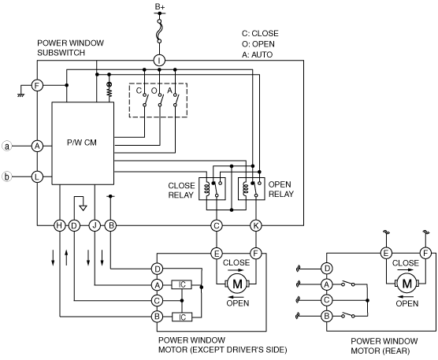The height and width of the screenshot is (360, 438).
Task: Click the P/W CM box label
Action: (x=82, y=143)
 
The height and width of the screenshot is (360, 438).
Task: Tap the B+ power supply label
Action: (x=160, y=6)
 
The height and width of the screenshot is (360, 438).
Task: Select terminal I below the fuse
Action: (x=159, y=60)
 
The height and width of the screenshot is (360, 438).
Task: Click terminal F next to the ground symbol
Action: (x=37, y=85)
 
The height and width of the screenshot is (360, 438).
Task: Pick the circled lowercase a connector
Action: (x=7, y=146)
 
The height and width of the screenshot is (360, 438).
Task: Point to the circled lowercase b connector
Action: (x=7, y=176)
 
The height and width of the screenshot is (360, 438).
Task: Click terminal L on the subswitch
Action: (x=37, y=176)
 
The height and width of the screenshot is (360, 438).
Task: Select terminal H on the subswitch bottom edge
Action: (x=59, y=225)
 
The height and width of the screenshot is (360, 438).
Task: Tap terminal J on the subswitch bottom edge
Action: (x=95, y=225)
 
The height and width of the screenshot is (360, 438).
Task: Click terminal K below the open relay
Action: (x=256, y=225)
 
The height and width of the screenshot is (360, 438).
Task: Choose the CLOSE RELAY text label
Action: (x=181, y=190)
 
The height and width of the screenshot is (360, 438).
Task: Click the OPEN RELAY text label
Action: (x=281, y=189)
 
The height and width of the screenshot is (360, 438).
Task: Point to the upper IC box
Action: (x=182, y=285)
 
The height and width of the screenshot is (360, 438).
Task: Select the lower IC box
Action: (x=182, y=317)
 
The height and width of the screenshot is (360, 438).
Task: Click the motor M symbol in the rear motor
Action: (x=406, y=284)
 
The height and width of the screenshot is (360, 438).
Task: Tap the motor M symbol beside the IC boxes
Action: (x=237, y=284)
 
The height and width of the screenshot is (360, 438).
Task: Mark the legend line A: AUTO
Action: (x=257, y=54)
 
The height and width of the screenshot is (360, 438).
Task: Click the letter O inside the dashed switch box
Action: (x=154, y=91)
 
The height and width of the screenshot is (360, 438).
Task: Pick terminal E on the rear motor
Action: (x=386, y=254)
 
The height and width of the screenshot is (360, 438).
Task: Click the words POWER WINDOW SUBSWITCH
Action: (x=70, y=48)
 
